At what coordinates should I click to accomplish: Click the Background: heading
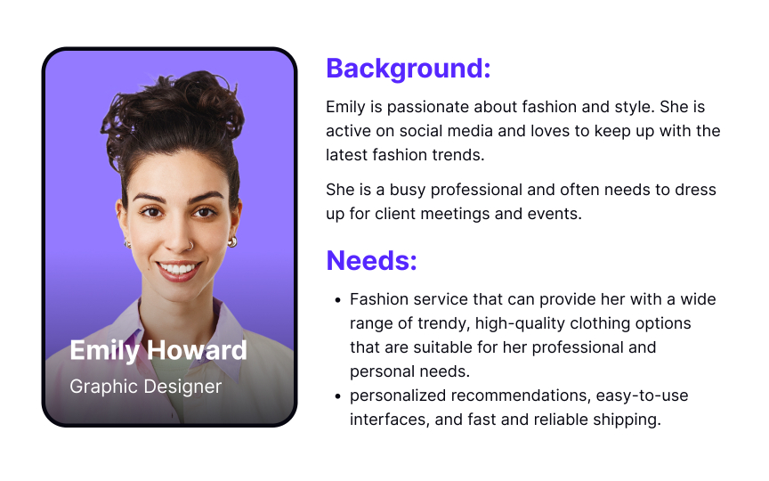(x=408, y=69)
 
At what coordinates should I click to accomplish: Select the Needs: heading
(x=371, y=261)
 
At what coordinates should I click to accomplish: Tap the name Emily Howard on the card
(x=158, y=350)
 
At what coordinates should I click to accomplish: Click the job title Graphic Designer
(x=145, y=387)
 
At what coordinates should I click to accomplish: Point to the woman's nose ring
(x=188, y=241)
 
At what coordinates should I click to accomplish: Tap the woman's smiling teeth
(x=178, y=267)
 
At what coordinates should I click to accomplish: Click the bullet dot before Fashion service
(x=336, y=299)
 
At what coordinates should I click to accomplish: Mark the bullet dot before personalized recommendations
(x=336, y=395)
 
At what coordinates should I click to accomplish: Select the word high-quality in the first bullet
(x=489, y=322)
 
